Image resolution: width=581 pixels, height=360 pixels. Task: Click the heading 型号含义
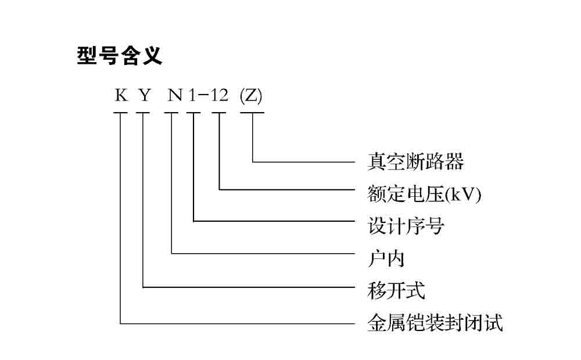[119, 56]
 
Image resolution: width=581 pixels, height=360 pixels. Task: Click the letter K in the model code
[121, 95]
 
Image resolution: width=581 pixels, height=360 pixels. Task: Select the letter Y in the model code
[144, 95]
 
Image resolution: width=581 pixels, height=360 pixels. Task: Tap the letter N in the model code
[175, 95]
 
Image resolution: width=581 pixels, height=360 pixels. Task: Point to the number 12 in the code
[219, 95]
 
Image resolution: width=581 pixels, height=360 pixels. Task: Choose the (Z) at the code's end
[251, 95]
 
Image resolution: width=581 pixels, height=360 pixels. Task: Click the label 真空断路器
[415, 161]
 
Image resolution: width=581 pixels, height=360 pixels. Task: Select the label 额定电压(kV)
[425, 194]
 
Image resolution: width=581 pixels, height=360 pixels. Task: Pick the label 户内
[386, 258]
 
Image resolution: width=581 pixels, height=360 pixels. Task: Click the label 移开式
[396, 290]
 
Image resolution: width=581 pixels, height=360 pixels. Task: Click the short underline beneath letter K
[120, 113]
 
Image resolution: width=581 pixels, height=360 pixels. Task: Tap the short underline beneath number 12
[219, 113]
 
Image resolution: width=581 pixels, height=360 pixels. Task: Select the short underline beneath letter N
[172, 113]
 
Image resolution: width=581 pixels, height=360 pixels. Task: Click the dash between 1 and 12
[203, 95]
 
